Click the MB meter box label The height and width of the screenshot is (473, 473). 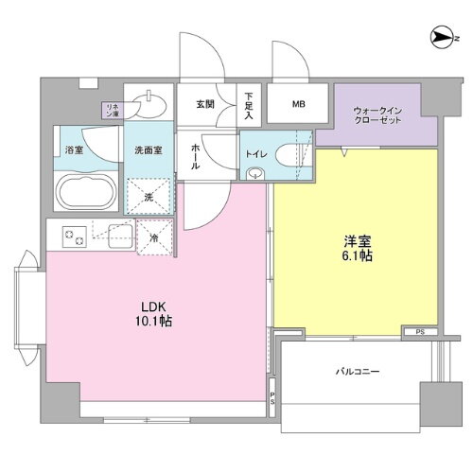click(299, 105)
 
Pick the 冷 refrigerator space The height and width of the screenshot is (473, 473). click(155, 236)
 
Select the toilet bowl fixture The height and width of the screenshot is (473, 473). click(258, 172)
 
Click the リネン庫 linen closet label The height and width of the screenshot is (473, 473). click(112, 110)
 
